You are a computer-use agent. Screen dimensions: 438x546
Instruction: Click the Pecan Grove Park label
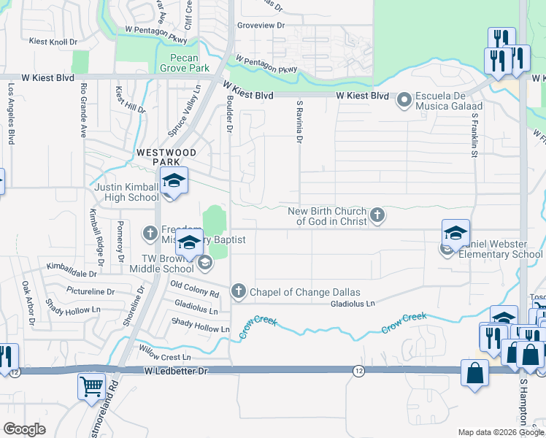[180, 62]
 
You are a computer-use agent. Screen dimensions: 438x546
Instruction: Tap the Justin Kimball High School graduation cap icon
[174, 180]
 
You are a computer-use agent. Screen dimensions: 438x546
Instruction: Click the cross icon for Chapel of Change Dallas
[238, 292]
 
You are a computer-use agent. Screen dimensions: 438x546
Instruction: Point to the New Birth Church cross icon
[377, 215]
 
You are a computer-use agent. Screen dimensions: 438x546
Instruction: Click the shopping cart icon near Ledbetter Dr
[91, 386]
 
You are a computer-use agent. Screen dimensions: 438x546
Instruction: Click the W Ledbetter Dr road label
[177, 372]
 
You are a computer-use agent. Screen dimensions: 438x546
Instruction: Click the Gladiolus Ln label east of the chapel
[353, 303]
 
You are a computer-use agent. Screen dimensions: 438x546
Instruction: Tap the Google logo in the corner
[24, 429]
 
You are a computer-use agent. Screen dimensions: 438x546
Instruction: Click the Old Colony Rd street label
[194, 289]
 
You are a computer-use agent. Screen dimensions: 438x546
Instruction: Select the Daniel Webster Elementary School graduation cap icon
[455, 233]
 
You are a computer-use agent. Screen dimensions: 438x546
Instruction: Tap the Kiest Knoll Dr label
[53, 42]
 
